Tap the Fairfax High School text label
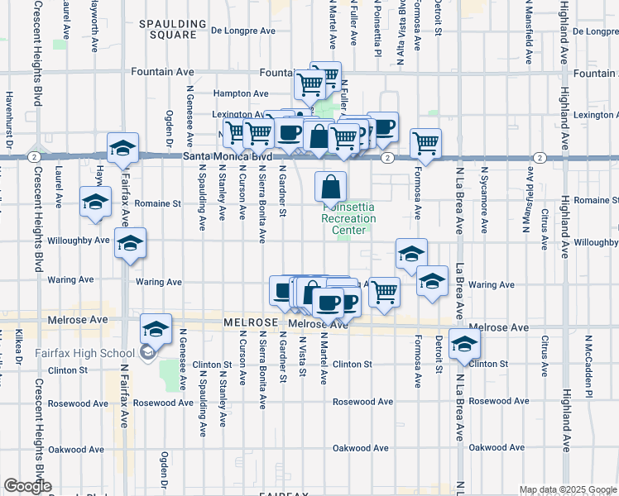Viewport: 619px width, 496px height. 79,353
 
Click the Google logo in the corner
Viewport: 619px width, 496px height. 27,486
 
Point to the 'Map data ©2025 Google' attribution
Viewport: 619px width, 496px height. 569,489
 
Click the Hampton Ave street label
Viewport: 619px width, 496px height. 241,94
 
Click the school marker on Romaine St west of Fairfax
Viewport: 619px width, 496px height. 95,201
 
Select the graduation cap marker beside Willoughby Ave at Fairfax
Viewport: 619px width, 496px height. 130,243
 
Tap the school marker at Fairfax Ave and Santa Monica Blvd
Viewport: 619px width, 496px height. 122,148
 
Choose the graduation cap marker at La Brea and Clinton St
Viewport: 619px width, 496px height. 464,344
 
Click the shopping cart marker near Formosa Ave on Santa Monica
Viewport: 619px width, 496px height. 425,142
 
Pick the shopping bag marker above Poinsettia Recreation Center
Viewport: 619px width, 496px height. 330,185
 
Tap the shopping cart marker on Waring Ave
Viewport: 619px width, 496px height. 384,291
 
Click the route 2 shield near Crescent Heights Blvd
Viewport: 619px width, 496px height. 32,156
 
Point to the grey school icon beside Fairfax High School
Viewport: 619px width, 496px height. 147,353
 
